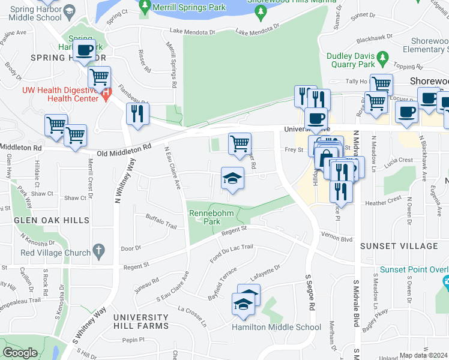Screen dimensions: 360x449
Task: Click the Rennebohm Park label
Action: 204,217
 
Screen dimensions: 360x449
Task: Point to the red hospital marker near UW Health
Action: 106,94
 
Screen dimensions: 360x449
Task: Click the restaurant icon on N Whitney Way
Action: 138,113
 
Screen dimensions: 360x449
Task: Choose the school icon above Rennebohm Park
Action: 233,178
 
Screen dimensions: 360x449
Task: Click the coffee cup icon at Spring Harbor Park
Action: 85,50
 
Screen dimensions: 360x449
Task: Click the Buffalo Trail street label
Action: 161,225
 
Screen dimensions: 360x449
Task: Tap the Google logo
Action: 20,353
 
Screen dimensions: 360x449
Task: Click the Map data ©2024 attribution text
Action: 423,355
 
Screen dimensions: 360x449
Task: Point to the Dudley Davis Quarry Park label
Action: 350,60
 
